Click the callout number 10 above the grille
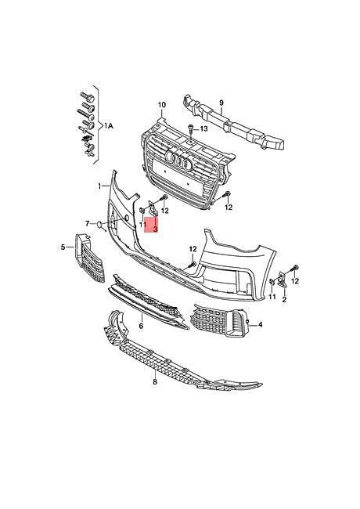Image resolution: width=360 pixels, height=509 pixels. (x=161, y=105)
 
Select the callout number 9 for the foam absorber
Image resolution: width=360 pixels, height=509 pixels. (x=221, y=103)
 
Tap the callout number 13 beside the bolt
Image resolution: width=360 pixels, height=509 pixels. (x=203, y=129)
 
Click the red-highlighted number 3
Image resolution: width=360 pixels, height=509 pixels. (x=155, y=229)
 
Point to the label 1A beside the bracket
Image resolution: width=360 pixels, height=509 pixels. (x=109, y=126)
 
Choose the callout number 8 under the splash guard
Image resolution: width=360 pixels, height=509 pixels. (x=155, y=382)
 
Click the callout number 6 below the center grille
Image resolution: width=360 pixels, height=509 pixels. (x=141, y=326)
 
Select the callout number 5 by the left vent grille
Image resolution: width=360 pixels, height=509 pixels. (x=63, y=247)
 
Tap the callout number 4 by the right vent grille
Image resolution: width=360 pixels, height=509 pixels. (x=261, y=324)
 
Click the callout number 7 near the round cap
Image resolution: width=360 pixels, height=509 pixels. (x=87, y=223)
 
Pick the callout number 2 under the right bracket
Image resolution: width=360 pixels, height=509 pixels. (x=284, y=300)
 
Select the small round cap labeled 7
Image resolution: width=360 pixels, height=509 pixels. (x=99, y=224)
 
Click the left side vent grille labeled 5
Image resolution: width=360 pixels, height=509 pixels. (x=90, y=258)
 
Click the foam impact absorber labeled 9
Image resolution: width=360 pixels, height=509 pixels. (x=233, y=124)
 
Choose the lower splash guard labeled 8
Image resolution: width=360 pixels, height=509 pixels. (x=182, y=354)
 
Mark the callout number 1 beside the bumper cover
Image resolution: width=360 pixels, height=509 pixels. (x=100, y=186)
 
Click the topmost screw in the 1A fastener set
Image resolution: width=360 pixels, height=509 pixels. (x=87, y=96)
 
